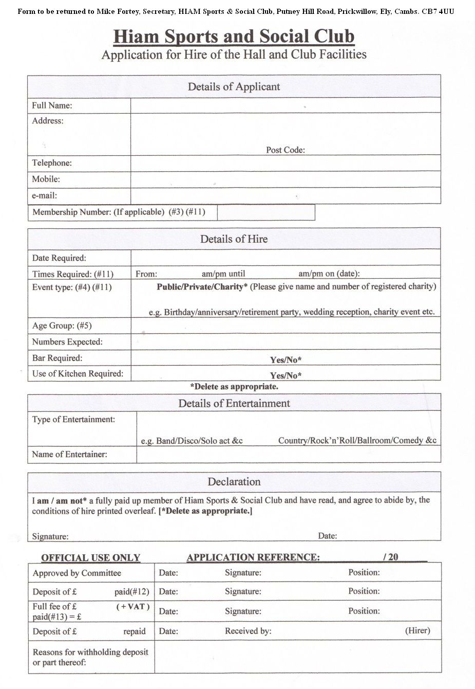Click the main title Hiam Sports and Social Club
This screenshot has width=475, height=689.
click(x=234, y=37)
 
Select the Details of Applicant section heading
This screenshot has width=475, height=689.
click(x=234, y=86)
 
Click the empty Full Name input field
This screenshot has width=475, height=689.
click(x=286, y=105)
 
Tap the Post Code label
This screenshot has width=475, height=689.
click(x=285, y=150)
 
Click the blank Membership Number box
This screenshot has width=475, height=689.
click(x=266, y=212)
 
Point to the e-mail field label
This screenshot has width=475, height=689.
click(x=45, y=195)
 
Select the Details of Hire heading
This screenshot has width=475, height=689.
click(x=234, y=239)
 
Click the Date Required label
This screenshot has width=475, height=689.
click(x=59, y=258)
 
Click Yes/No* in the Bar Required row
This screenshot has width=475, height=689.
click(x=286, y=359)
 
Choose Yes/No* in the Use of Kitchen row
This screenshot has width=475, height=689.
click(x=286, y=375)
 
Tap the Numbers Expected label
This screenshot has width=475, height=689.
click(x=67, y=342)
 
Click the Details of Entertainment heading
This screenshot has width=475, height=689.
click(x=234, y=403)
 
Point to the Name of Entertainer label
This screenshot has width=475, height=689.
click(x=69, y=455)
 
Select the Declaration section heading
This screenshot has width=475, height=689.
click(x=234, y=482)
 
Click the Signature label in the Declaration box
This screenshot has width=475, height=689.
click(x=50, y=536)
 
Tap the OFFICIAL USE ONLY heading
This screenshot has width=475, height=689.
click(x=90, y=557)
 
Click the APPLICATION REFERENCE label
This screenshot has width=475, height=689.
click(x=253, y=557)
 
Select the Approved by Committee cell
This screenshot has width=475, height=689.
click(x=77, y=573)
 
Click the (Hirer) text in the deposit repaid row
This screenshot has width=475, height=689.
click(x=417, y=630)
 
